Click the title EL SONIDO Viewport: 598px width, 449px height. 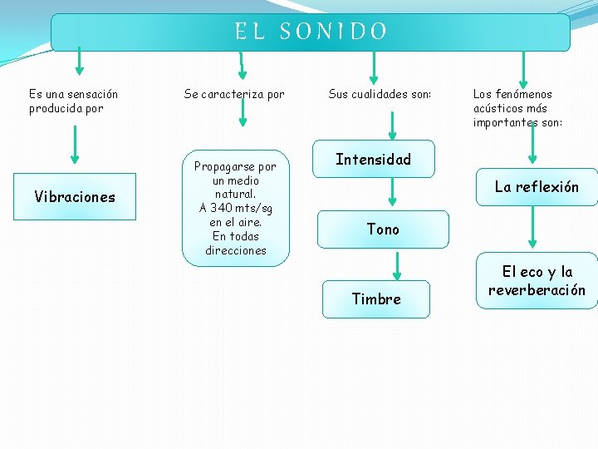[x=311, y=32]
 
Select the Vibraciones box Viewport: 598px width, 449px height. [x=75, y=196]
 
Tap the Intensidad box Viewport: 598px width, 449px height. [x=373, y=159]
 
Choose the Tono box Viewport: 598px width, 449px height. [x=383, y=229]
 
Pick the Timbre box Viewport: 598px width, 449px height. [x=376, y=299]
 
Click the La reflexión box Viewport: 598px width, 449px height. [x=537, y=187]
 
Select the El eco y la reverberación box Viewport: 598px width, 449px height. [x=537, y=281]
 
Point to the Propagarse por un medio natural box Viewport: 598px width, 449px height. [x=236, y=209]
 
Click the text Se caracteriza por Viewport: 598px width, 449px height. [x=234, y=94]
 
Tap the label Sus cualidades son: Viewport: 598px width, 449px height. [x=380, y=94]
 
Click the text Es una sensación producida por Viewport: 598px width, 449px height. [x=73, y=101]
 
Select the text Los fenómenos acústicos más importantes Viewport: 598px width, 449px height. [x=517, y=108]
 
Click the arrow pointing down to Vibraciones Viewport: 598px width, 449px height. [x=75, y=145]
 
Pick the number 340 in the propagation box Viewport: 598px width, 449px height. [x=222, y=208]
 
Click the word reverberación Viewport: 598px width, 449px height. [x=537, y=290]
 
